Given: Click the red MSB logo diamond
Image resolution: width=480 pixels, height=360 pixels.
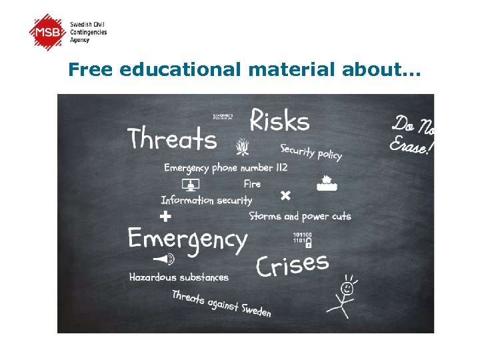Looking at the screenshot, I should click(x=49, y=31).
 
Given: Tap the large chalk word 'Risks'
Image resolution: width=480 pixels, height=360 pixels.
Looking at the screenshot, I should click(x=279, y=121).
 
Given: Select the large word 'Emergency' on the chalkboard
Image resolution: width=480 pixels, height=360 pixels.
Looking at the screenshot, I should click(x=187, y=239).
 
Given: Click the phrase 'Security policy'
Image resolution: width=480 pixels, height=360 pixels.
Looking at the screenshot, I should click(x=311, y=152).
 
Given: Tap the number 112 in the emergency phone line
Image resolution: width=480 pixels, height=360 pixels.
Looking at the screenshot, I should click(x=279, y=167).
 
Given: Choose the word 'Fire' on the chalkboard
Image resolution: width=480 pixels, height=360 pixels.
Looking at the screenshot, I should click(x=252, y=183).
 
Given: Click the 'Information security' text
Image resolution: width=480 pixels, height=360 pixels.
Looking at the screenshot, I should click(x=207, y=200).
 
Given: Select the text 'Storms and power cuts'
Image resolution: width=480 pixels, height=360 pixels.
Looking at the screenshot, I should click(x=300, y=216).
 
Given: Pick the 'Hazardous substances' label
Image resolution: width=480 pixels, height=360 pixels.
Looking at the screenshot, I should click(x=179, y=277).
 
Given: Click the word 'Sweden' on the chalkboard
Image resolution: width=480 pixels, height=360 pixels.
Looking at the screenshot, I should click(x=255, y=310).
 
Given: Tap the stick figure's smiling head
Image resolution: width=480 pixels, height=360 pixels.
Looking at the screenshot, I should click(x=347, y=289).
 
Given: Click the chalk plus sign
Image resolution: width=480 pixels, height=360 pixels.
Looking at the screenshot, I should click(x=166, y=216).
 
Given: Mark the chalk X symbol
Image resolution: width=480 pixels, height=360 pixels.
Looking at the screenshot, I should click(x=285, y=195).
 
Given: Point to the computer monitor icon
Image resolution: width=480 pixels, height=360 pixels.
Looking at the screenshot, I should click(x=191, y=185).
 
